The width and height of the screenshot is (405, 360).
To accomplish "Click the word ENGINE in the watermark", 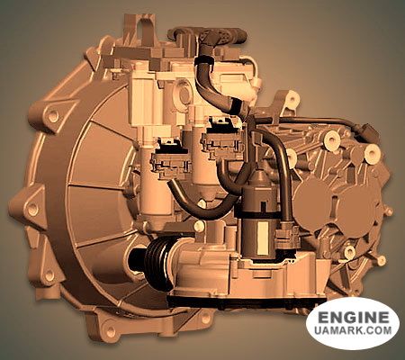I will pyautogui.click(x=353, y=318).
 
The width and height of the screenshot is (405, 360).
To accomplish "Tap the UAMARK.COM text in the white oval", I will pyautogui.click(x=353, y=334).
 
